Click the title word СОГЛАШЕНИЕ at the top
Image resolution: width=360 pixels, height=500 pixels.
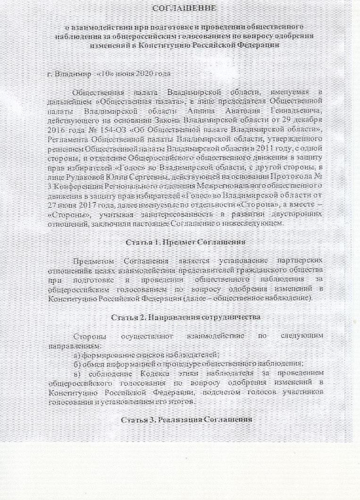(185, 8)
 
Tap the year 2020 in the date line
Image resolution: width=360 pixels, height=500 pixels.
(142, 74)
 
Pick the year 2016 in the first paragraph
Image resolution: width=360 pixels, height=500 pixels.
(58, 130)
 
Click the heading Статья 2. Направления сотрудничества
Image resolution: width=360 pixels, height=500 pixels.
(185, 317)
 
